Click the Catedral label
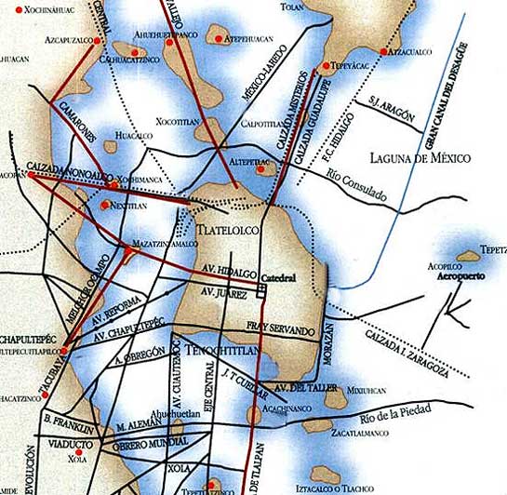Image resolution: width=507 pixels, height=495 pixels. click(x=277, y=278)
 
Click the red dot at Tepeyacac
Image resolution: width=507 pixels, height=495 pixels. click(x=325, y=66)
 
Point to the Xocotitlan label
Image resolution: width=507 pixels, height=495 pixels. click(x=177, y=123)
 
